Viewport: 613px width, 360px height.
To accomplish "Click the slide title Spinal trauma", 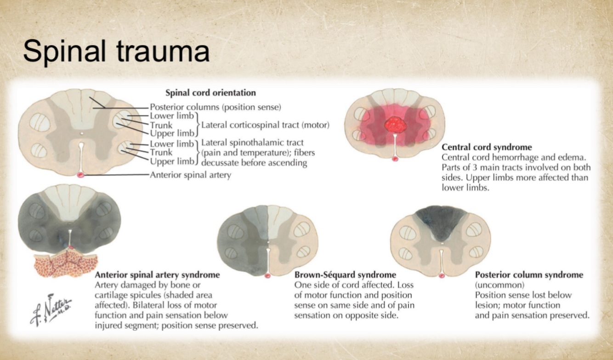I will coord(116,51).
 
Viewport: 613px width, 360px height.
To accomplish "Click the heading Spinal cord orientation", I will coord(210,93).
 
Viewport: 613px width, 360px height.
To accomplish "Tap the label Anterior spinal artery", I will coord(190,175).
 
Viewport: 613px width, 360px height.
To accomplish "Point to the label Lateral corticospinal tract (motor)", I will coord(266,125).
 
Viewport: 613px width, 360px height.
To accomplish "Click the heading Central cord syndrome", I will coord(487,148).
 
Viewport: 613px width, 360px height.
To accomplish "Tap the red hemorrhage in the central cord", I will coord(394,124).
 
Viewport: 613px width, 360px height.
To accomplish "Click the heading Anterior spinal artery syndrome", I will coord(157,275).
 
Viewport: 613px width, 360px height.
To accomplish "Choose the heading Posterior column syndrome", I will coord(529,275).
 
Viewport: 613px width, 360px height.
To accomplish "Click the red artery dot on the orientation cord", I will coord(81,175).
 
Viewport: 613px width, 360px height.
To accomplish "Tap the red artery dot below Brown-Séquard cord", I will coord(268,276).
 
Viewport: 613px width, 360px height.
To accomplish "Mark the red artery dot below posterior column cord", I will coord(441,276).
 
